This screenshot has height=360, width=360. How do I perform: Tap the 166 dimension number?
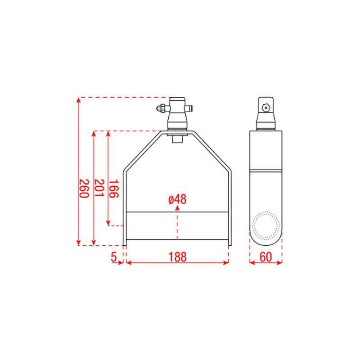(x=113, y=189)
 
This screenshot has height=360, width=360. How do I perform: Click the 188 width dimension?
(x=177, y=256)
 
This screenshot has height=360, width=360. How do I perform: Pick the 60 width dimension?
(x=265, y=256)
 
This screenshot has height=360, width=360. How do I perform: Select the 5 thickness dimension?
(x=114, y=256)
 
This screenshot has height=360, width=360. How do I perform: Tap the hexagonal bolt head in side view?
(x=265, y=108)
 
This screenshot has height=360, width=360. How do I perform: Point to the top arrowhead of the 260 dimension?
(x=79, y=99)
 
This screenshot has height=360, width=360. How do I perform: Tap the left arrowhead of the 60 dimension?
(x=252, y=262)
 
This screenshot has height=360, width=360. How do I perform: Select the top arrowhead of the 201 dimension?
(x=94, y=134)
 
